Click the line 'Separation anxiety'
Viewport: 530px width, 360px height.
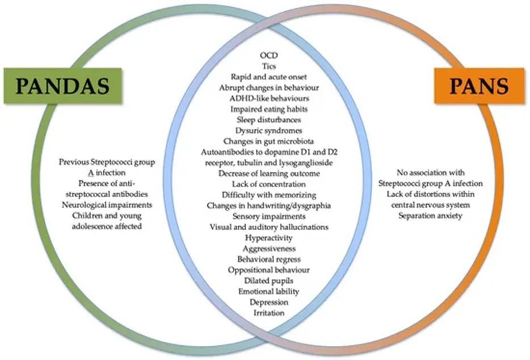pos(431,215)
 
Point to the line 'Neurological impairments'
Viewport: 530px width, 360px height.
pos(107,205)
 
